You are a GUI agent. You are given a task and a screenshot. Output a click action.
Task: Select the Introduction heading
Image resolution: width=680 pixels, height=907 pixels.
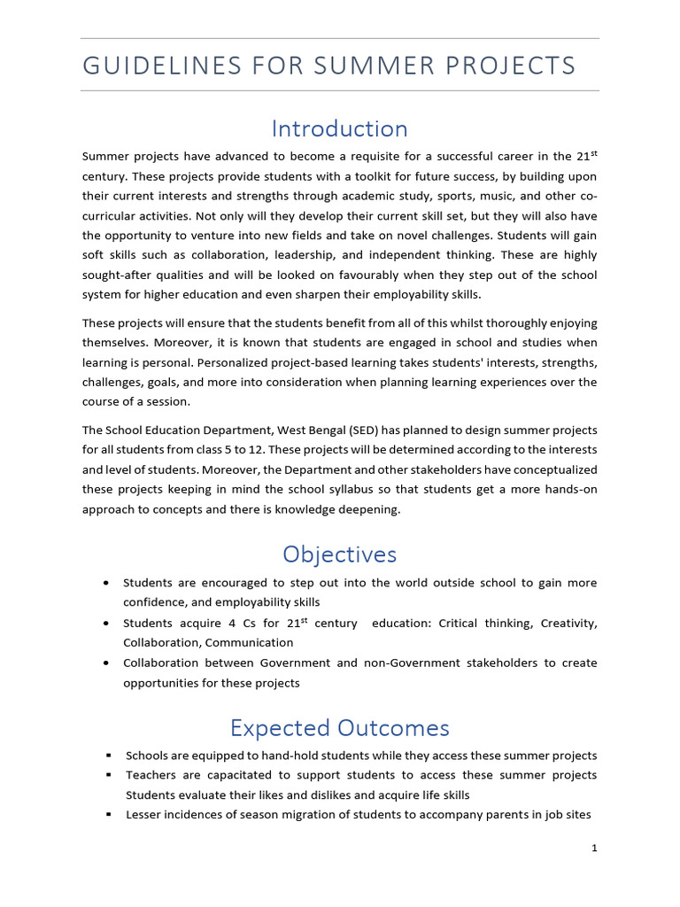point(339,128)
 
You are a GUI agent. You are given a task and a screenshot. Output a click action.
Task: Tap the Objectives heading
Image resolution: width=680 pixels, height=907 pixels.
point(339,554)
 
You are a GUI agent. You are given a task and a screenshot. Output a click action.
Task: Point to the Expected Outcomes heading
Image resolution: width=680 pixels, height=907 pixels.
point(339,727)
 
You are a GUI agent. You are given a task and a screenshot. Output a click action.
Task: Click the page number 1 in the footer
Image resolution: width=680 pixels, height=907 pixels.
point(594,848)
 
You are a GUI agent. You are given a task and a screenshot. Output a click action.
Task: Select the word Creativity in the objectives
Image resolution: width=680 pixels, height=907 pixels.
point(568,623)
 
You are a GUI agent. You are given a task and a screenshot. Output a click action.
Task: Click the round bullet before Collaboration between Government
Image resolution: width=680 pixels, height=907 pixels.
point(107,663)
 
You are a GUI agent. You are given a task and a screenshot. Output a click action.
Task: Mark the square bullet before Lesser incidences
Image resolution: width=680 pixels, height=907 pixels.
point(108,815)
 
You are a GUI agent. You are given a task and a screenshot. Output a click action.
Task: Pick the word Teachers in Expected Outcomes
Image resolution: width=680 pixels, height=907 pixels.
point(151,775)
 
